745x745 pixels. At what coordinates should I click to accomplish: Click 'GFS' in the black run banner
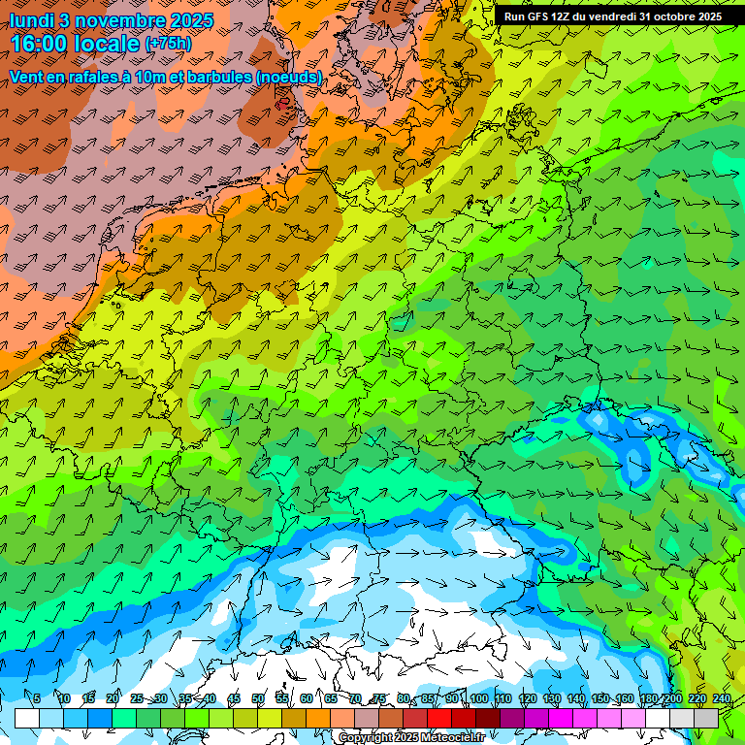coord(538,16)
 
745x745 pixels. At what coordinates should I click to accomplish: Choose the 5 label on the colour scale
coord(37,699)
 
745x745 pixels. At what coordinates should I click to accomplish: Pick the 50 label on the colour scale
coord(257,699)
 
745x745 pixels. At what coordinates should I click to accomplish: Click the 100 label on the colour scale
coord(478,699)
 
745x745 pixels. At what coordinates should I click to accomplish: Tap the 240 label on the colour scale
coord(722,699)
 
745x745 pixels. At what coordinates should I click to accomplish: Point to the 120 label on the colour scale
coord(527,699)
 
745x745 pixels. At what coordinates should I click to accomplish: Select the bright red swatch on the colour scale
coord(440,718)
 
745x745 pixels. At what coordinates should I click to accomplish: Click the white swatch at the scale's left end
coord(26,718)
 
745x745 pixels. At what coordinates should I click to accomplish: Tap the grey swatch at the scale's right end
coord(707,718)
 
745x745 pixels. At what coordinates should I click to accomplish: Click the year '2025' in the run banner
coord(710,16)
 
